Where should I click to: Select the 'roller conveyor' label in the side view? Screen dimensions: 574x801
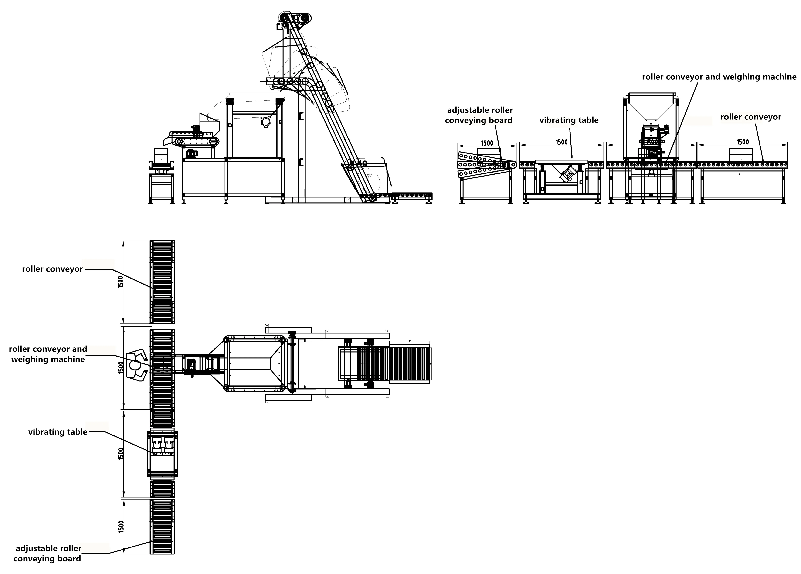750,117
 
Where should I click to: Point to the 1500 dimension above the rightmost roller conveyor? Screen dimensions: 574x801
742,142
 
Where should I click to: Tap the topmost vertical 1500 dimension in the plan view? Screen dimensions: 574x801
120,282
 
